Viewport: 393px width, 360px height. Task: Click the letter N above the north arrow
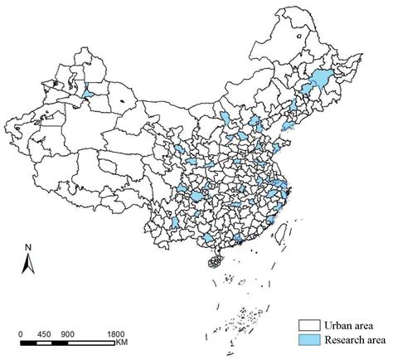[x=27, y=246]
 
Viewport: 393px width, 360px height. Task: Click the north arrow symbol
[x=27, y=265]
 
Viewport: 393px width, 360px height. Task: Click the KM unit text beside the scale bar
[x=122, y=342]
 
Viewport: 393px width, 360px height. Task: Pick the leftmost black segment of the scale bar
[x=26, y=342]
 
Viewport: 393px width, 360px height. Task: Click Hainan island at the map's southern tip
[x=215, y=262]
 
